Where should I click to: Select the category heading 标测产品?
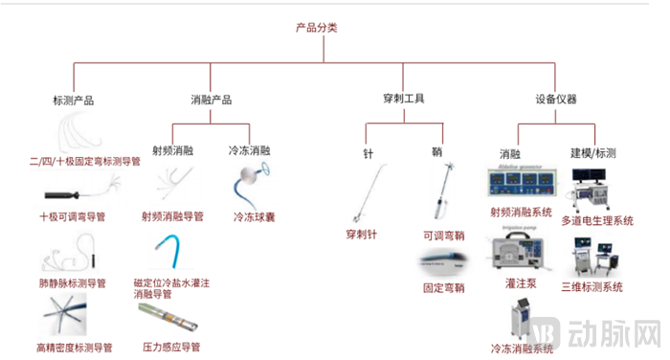[x=74, y=100]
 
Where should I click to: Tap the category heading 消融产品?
[x=212, y=100]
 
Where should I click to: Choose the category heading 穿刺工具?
[x=403, y=99]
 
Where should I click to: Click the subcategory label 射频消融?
[x=172, y=150]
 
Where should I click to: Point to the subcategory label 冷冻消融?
[x=249, y=150]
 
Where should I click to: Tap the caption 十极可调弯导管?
[x=75, y=217]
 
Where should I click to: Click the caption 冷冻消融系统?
[x=522, y=349]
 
